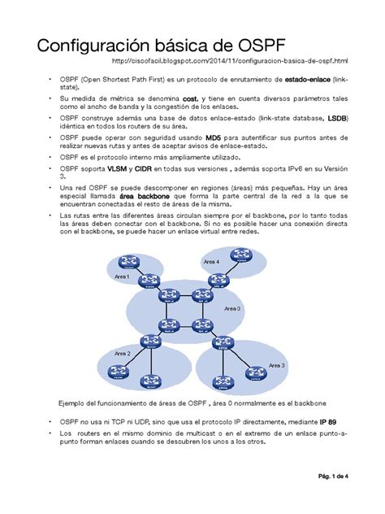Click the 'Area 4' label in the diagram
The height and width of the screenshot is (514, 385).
[x=211, y=261]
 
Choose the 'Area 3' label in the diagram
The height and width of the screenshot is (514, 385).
[x=277, y=365]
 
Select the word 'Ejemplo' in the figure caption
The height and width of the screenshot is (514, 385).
[x=71, y=403]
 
